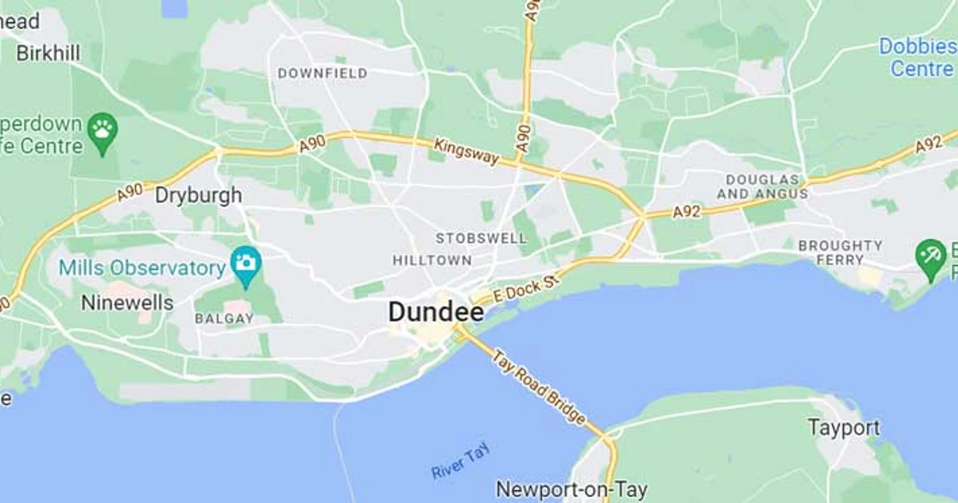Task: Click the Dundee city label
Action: pyautogui.click(x=436, y=311)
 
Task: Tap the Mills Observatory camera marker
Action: pyautogui.click(x=246, y=262)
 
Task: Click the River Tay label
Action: pyautogui.click(x=460, y=461)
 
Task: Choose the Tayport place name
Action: pyautogui.click(x=844, y=427)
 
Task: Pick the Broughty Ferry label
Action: pyautogui.click(x=841, y=252)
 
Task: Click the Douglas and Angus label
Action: pyautogui.click(x=762, y=186)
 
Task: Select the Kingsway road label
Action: pyautogui.click(x=467, y=152)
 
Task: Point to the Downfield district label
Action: pyautogui.click(x=323, y=73)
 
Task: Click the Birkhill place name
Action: pyautogui.click(x=48, y=53)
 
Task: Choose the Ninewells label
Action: pyautogui.click(x=127, y=303)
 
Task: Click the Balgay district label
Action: pyautogui.click(x=224, y=319)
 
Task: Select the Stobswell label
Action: pyautogui.click(x=481, y=238)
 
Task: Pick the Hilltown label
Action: pyautogui.click(x=432, y=260)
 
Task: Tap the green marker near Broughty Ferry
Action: pyautogui.click(x=930, y=256)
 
